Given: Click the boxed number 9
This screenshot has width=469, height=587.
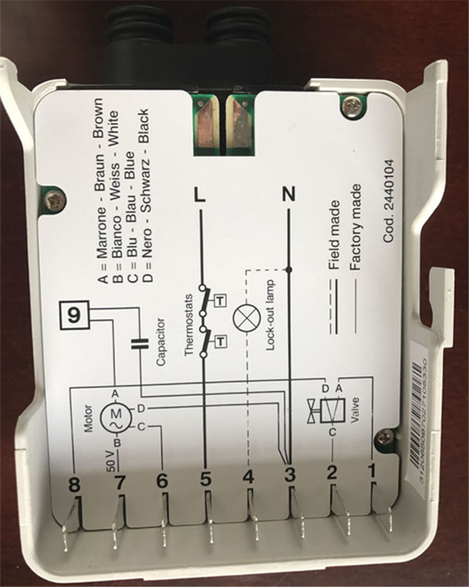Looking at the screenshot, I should click(x=73, y=316).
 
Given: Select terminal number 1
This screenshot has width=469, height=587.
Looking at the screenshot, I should click(x=371, y=470).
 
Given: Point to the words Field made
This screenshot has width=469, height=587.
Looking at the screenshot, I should click(x=335, y=235).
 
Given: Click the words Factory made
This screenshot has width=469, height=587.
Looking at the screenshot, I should click(x=355, y=227).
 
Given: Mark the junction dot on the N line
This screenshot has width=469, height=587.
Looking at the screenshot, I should click(x=288, y=269).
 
